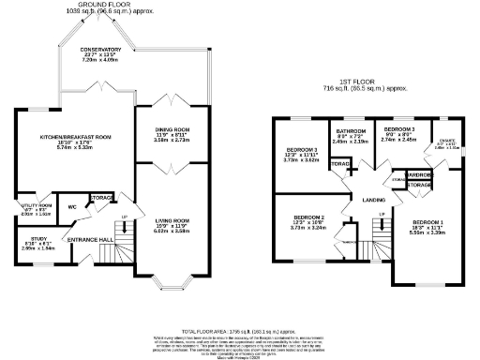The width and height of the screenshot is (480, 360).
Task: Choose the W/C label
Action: pyautogui.click(x=71, y=207)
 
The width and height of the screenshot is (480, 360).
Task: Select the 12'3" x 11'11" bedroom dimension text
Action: pyautogui.click(x=302, y=154)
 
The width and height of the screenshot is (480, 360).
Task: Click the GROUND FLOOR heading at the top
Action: pyautogui.click(x=103, y=5)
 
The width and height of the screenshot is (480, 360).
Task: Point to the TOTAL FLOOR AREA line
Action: pyautogui.click(x=240, y=330)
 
